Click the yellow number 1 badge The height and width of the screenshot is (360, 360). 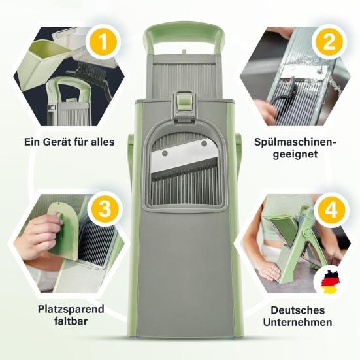pos(103,42)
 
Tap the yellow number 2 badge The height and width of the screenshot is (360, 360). pos(329,42)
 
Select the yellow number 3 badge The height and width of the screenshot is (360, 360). pos(105,209)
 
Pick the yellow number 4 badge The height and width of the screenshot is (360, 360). pos(331,210)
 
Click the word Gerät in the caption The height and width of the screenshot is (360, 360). pos(57,142)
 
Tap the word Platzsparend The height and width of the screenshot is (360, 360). pos(71,310)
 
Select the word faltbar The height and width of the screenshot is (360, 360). pos(71,321)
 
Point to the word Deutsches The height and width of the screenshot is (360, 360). pos(297,310)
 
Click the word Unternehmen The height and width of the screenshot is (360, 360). pos(297,322)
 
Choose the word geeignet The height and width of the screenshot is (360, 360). pos(295,154)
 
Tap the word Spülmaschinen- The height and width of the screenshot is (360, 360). pos(295,142)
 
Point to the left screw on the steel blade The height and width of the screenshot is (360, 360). pos(165,154)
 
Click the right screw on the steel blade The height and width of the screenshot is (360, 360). pos(204,144)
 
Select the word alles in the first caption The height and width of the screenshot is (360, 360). pos(103,142)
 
